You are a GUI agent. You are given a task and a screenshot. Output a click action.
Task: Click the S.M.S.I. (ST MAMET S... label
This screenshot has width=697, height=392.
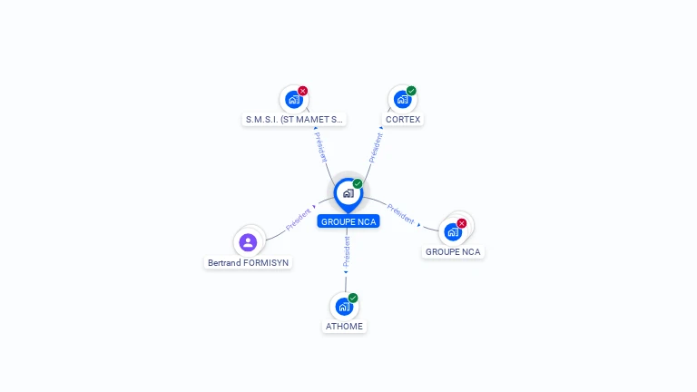click(294, 119)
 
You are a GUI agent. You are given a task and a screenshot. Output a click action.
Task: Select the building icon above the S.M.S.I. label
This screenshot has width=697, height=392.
click(293, 100)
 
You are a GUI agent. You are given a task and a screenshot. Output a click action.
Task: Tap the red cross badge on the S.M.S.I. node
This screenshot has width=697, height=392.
click(302, 91)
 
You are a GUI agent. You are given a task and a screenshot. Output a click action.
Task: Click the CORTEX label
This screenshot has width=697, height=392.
click(402, 119)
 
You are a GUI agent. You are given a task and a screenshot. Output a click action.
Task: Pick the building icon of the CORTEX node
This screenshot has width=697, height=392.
click(402, 100)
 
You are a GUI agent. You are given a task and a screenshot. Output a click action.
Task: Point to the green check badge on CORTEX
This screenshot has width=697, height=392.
click(411, 91)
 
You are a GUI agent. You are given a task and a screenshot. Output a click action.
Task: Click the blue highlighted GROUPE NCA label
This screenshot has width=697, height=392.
click(348, 221)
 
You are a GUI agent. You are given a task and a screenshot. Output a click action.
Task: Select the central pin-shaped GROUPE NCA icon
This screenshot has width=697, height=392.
click(348, 194)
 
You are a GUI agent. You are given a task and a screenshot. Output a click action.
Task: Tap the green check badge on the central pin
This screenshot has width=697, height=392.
click(358, 184)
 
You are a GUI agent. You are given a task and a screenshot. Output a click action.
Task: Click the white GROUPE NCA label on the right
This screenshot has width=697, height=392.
click(453, 251)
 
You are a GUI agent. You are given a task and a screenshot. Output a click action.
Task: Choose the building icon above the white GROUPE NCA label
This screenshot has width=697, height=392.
click(452, 232)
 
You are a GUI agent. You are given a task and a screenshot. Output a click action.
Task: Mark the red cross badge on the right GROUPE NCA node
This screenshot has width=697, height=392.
click(462, 223)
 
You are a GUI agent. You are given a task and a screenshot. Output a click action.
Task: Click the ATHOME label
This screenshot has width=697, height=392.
click(345, 326)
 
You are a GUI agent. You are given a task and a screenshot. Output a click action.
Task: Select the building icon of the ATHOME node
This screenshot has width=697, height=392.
click(344, 307)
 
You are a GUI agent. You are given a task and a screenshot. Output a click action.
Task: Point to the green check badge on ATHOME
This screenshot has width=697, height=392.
click(353, 298)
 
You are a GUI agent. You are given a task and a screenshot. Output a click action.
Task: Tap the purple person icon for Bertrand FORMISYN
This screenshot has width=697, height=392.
click(249, 242)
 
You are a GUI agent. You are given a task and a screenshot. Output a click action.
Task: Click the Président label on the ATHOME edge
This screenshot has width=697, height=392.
click(346, 253)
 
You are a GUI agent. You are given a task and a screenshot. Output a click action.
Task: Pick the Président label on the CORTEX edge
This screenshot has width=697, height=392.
click(376, 147)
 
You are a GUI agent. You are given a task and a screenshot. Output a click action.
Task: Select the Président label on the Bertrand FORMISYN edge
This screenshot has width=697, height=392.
click(298, 219)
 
